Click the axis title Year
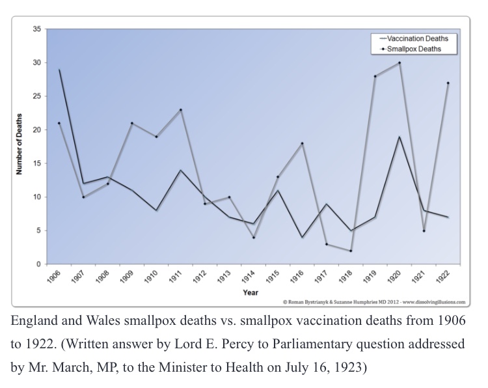pyautogui.click(x=251, y=292)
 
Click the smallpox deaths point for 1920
pyautogui.click(x=399, y=63)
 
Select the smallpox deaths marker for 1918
pyautogui.click(x=351, y=251)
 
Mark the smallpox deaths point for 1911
pyautogui.click(x=180, y=110)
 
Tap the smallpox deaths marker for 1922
pyautogui.click(x=448, y=83)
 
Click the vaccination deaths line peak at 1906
pyautogui.click(x=60, y=70)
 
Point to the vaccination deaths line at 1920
pyautogui.click(x=399, y=137)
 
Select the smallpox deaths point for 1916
pyautogui.click(x=303, y=143)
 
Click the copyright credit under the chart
pyautogui.click(x=374, y=302)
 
